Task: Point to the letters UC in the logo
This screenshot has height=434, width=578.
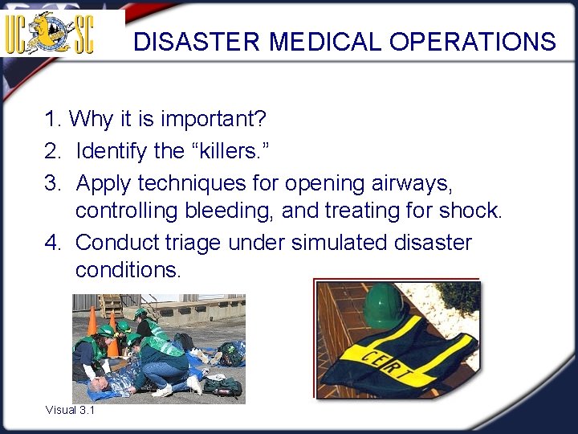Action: tap(18, 34)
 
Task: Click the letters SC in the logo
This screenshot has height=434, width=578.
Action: tap(83, 34)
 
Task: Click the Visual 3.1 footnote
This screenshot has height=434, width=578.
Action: tap(70, 410)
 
